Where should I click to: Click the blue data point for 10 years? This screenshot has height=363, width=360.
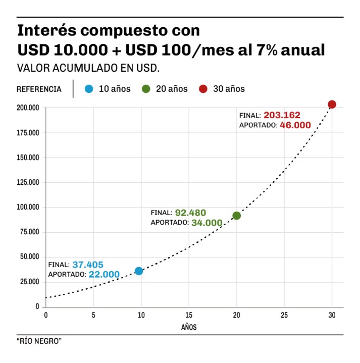tap(139, 271)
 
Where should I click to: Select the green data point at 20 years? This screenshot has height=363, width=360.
tap(236, 216)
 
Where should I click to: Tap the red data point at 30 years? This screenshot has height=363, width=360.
tap(332, 105)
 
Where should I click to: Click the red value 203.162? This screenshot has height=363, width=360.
tap(282, 115)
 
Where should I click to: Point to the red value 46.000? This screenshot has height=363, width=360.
tap(295, 125)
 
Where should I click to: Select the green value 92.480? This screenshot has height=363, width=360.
tap(190, 213)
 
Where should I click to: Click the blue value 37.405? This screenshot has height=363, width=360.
tap(88, 264)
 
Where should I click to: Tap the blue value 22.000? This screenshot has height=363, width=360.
tap(104, 275)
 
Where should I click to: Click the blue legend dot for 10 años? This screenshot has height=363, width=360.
tap(89, 89)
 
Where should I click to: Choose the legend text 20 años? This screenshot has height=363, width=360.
tap(172, 89)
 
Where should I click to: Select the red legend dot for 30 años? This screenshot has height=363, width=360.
tap(203, 89)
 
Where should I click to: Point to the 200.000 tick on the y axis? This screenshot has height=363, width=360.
tap(28, 108)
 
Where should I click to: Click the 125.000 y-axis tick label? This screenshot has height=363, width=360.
tap(28, 182)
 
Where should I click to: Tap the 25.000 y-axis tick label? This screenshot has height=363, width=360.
tap(30, 282)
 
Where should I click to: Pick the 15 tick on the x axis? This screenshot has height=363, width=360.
tap(189, 316)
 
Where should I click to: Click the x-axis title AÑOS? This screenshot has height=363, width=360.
tap(189, 327)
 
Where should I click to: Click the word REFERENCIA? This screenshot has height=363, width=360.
tap(39, 89)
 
